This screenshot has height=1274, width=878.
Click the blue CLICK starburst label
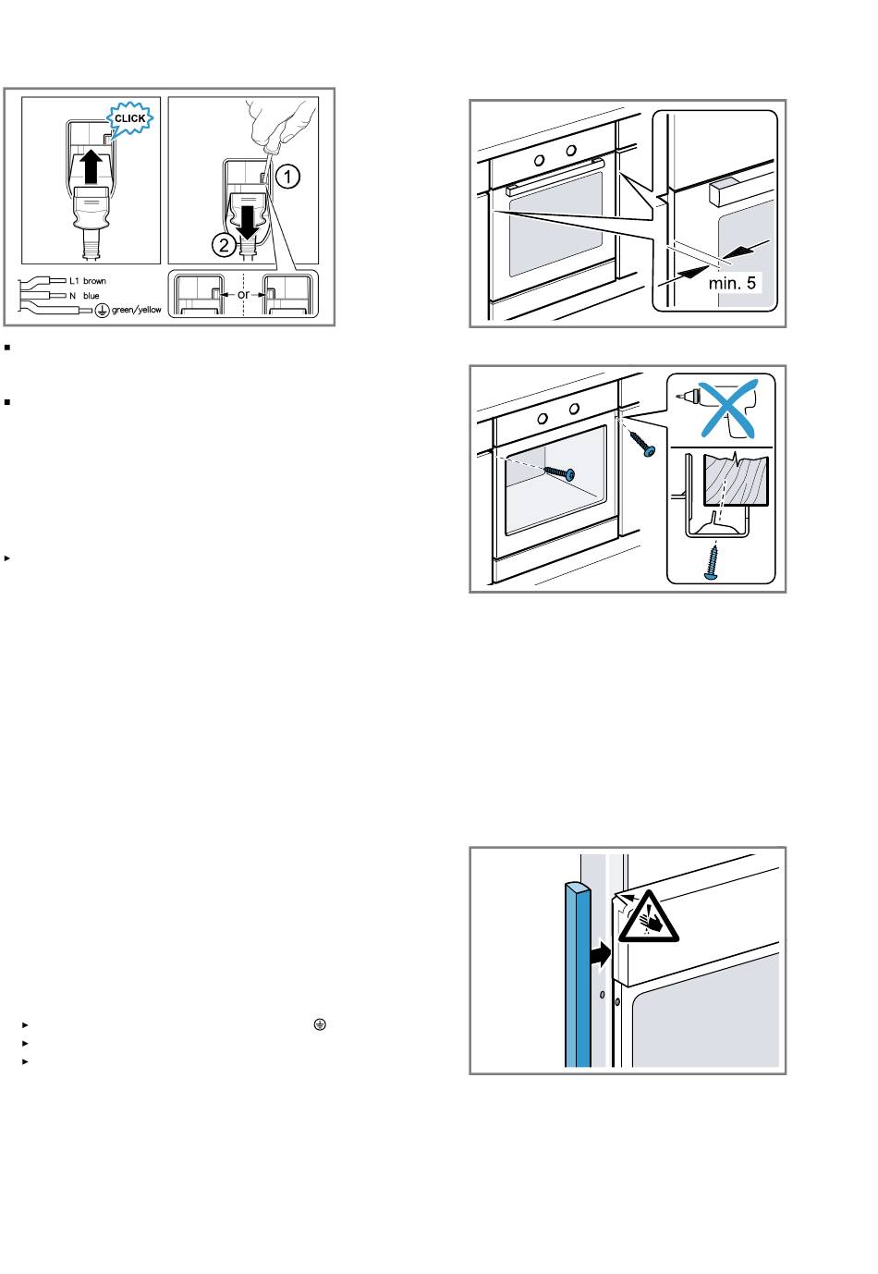[129, 118]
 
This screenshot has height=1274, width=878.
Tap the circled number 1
[287, 177]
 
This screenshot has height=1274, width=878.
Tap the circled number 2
[224, 245]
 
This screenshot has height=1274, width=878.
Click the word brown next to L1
[94, 281]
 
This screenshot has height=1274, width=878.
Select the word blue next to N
[91, 296]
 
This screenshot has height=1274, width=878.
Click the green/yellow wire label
[137, 310]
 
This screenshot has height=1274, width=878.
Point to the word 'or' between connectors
[243, 295]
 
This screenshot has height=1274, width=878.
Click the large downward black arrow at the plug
[248, 223]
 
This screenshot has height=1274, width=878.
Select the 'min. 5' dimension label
[732, 283]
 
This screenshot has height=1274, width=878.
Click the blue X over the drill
[728, 409]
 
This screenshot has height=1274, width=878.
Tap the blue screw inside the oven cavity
[559, 472]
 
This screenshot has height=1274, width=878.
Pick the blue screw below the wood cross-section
[711, 562]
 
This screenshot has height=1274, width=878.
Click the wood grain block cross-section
[736, 480]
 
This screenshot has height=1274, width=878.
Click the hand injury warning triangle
[648, 916]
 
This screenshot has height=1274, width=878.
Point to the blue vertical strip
[578, 974]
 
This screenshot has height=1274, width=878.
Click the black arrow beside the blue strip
[601, 954]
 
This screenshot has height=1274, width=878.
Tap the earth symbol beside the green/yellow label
[102, 311]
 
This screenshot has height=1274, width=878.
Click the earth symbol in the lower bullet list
[320, 1024]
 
